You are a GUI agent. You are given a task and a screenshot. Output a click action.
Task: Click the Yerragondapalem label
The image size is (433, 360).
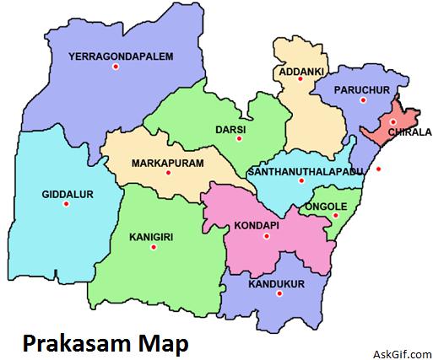(x=122, y=56)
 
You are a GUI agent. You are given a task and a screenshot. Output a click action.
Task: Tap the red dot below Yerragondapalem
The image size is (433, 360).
(x=116, y=70)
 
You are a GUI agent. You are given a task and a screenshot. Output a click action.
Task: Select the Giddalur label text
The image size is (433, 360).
(x=68, y=194)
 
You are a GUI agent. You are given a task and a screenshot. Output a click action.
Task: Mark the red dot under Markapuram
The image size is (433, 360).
(x=169, y=174)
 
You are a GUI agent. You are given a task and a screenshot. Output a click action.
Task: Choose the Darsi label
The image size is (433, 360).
(x=230, y=129)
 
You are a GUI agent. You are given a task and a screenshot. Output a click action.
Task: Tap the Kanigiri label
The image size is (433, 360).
(x=151, y=238)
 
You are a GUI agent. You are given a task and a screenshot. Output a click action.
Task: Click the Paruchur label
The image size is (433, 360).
(x=360, y=89)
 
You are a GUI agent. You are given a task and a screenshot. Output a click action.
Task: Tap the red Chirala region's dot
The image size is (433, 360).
(x=392, y=122)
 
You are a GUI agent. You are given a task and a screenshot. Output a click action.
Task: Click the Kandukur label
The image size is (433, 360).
(x=276, y=284)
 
